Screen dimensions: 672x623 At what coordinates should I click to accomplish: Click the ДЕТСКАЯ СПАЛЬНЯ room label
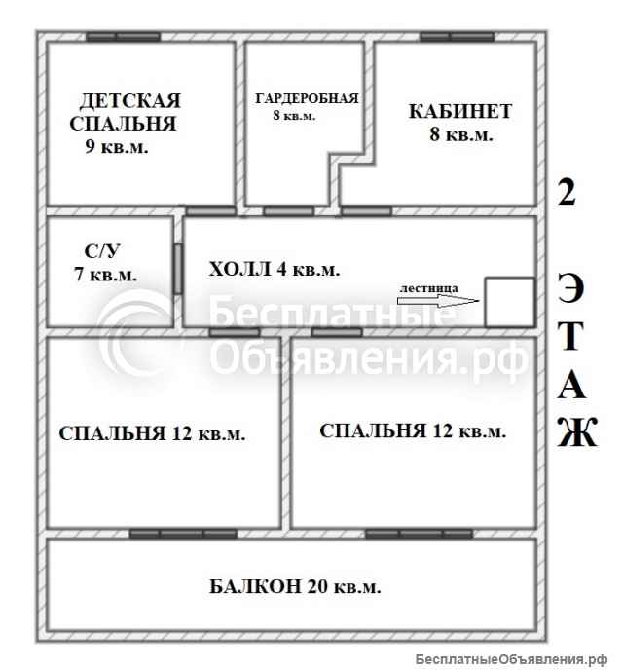pos(130,112)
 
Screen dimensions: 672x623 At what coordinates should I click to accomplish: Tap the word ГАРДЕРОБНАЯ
pos(307,98)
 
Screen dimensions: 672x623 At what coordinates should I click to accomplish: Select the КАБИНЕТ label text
pos(459,110)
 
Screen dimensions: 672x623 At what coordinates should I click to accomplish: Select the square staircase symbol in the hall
pos(509,301)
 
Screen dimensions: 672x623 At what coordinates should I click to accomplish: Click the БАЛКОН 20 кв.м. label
pos(294,587)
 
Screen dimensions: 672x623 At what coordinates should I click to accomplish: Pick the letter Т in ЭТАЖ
pos(574,338)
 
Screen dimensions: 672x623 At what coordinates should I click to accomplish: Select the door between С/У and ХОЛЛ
pos(179,269)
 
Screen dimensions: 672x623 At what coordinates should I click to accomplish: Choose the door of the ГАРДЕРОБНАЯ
pos(288,210)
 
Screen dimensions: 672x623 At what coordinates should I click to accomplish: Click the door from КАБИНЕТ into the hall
pos(365,210)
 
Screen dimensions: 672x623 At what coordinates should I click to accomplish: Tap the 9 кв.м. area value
pos(117,147)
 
